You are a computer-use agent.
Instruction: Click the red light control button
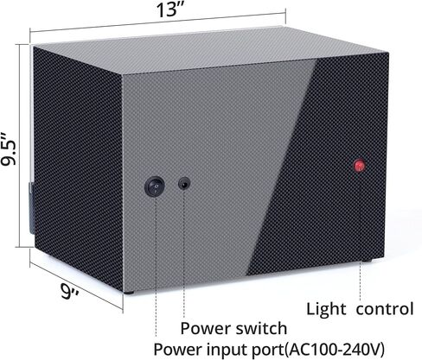pyautogui.click(x=360, y=166)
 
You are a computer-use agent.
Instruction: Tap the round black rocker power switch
pyautogui.click(x=155, y=186)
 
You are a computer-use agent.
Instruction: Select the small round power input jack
pyautogui.click(x=184, y=183)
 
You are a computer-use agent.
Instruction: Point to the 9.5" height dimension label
pyautogui.click(x=9, y=148)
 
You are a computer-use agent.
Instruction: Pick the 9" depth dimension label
pyautogui.click(x=70, y=291)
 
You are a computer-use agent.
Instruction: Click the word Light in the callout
pyautogui.click(x=326, y=310)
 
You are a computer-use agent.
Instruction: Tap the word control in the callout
pyautogui.click(x=385, y=309)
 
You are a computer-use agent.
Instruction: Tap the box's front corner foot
pyautogui.click(x=129, y=293)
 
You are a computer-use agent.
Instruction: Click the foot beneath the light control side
pyautogui.click(x=367, y=261)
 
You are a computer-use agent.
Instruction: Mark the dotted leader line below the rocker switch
pyautogui.click(x=156, y=267)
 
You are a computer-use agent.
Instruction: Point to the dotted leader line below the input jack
pyautogui.click(x=183, y=253)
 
